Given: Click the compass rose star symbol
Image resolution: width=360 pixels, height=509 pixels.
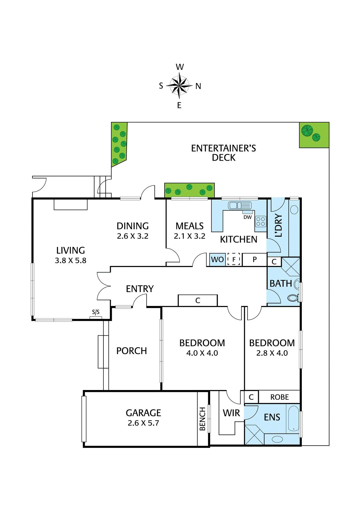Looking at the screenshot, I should pyautogui.click(x=180, y=86).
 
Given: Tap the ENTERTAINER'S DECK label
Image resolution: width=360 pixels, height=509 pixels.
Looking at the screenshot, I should pyautogui.click(x=223, y=153).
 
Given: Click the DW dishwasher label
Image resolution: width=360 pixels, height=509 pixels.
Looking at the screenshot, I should pyautogui.click(x=247, y=217).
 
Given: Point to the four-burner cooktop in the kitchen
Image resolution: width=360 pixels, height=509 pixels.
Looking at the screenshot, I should pyautogui.click(x=261, y=221).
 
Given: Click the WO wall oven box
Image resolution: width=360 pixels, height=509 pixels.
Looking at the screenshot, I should pyautogui.click(x=217, y=260).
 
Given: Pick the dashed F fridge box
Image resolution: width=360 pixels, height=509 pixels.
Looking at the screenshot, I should pyautogui.click(x=234, y=260).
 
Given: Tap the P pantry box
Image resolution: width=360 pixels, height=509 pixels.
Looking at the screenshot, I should pyautogui.click(x=254, y=260).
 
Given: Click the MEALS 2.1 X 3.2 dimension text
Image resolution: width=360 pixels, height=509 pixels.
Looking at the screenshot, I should pyautogui.click(x=189, y=236).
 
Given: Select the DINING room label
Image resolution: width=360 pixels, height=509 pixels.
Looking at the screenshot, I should pyautogui.click(x=133, y=226).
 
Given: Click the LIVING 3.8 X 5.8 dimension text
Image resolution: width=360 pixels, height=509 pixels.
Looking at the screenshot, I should pyautogui.click(x=71, y=261).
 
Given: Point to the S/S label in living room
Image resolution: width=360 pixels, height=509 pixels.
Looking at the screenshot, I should pyautogui.click(x=96, y=312).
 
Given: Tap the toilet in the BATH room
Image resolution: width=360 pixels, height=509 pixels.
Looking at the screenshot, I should pyautogui.click(x=293, y=298).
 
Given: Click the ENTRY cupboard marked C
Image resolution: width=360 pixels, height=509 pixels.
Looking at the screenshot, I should pyautogui.click(x=198, y=300).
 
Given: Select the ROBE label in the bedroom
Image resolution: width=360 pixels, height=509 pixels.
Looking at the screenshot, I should pyautogui.click(x=279, y=397).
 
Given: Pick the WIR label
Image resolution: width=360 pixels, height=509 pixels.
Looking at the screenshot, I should pyautogui.click(x=231, y=413).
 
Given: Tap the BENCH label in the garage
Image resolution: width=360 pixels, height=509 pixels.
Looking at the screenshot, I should pyautogui.click(x=202, y=419).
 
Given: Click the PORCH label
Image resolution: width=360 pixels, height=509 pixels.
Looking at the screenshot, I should pyautogui.click(x=131, y=351).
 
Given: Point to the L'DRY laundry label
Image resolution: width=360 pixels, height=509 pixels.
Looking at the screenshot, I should pyautogui.click(x=278, y=225).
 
